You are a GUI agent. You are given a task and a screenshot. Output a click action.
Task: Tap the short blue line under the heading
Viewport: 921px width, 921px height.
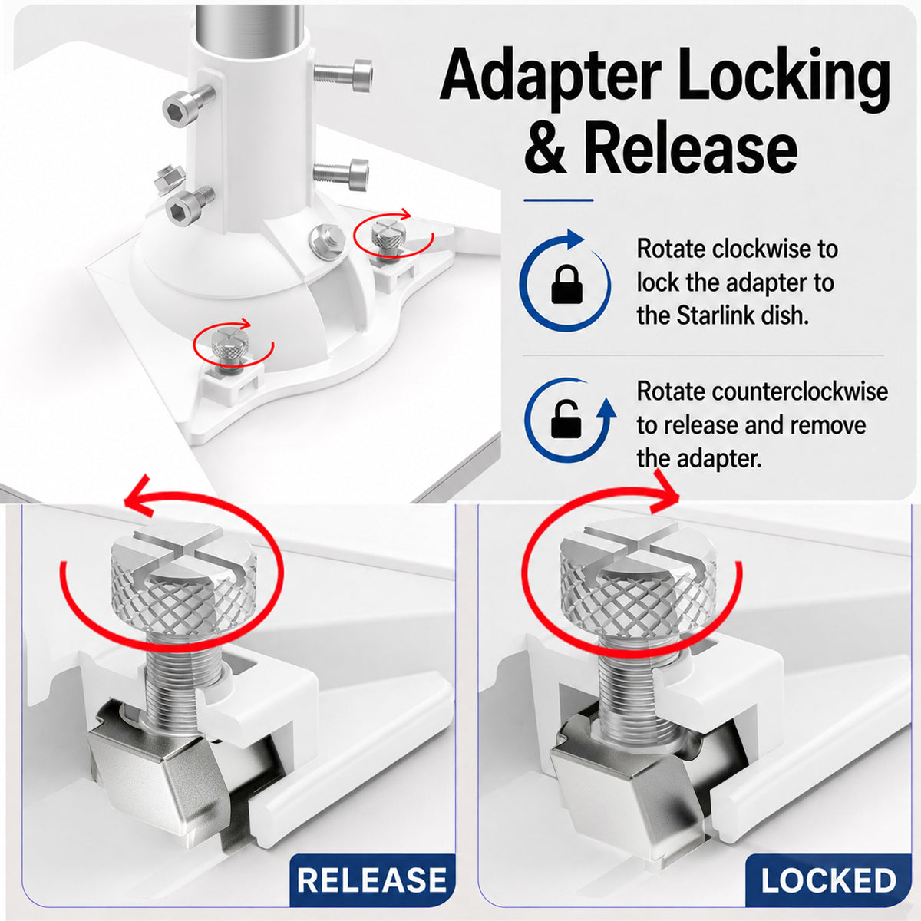(x=558, y=200)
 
